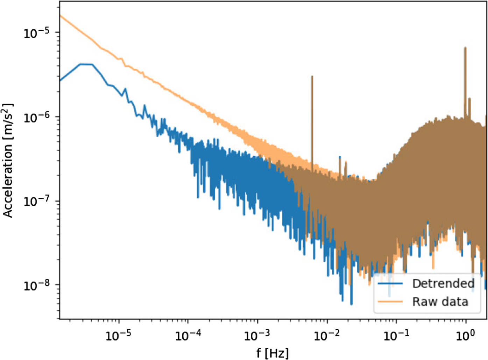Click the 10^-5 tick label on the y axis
[x=36, y=33]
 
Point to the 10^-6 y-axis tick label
[x=36, y=117]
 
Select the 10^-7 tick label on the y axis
[x=36, y=202]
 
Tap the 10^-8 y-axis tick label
[x=36, y=285]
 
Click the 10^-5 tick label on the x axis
[x=119, y=335]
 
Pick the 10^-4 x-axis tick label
[x=188, y=335]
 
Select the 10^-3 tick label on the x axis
[x=257, y=335]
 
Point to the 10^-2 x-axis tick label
[x=327, y=335]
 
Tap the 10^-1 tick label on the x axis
[x=396, y=335]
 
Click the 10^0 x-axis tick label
[x=466, y=335]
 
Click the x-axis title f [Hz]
[x=273, y=353]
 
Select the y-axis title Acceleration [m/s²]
[x=8, y=160]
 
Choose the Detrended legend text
[x=443, y=283]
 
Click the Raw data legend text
[x=440, y=302]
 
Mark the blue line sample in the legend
[x=390, y=283]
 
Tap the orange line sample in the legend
[x=390, y=302]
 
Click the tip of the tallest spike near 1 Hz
[x=465, y=48]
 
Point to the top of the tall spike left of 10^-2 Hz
[x=312, y=76]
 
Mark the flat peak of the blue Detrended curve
[x=86, y=64]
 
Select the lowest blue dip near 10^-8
[x=351, y=304]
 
